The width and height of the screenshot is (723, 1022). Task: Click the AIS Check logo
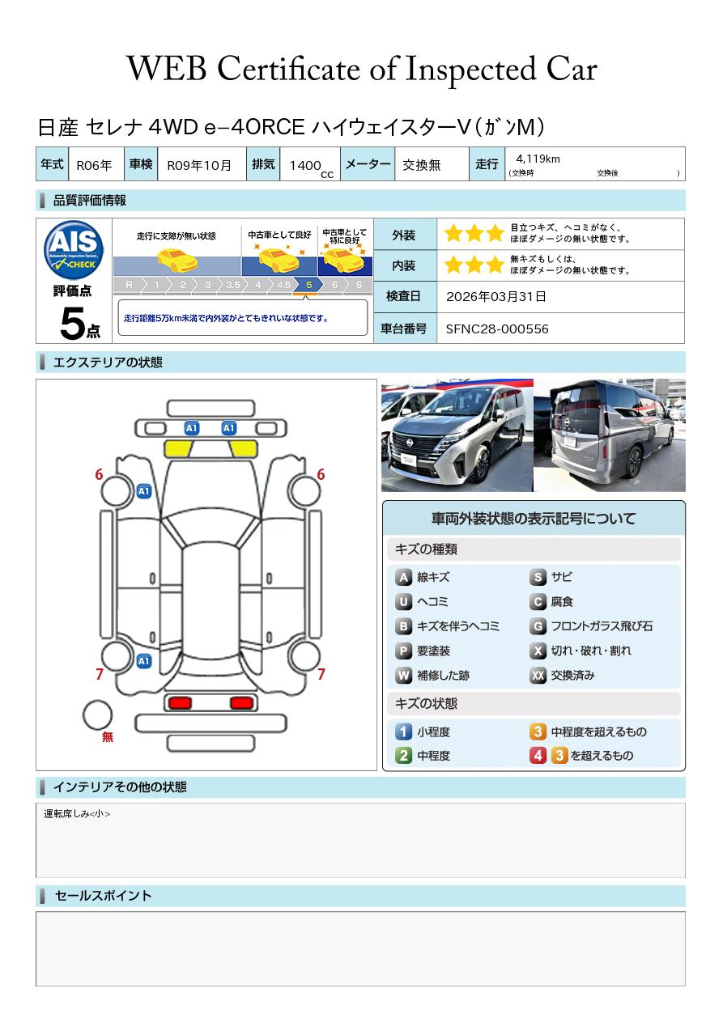coord(74,250)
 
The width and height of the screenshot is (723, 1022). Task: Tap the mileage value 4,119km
coord(538,159)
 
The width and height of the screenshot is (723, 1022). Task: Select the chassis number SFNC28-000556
coord(497,329)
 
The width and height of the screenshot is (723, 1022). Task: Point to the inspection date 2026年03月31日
coord(495,296)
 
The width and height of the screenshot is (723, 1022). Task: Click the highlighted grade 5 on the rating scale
coord(308,285)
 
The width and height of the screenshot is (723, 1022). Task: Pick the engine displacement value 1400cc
coord(311,167)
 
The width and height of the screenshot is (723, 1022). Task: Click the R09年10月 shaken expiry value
coord(199,165)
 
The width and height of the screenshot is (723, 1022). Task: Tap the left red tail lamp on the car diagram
coord(180,702)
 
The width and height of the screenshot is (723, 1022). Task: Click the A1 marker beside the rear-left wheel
coord(144,660)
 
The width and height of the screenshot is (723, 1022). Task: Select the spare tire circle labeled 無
coord(97,715)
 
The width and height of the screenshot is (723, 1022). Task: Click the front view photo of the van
coord(457,435)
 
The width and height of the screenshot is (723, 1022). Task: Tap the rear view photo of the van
coord(610,435)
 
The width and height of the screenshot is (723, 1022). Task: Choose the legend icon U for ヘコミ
coord(403,602)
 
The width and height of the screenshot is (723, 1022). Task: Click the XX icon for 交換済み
coord(538,675)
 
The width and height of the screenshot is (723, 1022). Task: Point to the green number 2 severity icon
coord(403,756)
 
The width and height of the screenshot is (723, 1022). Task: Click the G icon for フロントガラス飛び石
coord(538,626)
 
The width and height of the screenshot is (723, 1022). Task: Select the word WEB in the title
coord(166,69)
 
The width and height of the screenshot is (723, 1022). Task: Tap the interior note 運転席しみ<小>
coord(77,814)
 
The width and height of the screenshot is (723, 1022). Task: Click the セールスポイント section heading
coord(103,896)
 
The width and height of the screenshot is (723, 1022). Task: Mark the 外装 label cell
coord(403,235)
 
